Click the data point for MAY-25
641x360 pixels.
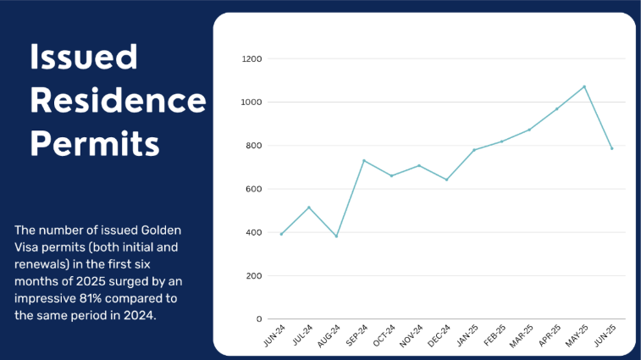[584, 86]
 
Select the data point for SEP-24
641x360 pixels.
[364, 161]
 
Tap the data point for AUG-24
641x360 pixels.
[336, 236]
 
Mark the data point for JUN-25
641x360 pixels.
[611, 148]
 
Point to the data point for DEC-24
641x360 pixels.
[446, 180]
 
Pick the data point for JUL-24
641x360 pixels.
[308, 208]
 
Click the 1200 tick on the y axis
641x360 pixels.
[251, 59]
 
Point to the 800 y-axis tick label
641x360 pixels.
[253, 146]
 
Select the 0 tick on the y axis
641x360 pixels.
[259, 319]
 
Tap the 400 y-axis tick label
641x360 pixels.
[253, 232]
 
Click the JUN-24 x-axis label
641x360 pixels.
[274, 336]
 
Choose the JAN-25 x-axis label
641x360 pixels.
[467, 336]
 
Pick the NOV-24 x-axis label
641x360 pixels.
[412, 336]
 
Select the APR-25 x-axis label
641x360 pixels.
[550, 336]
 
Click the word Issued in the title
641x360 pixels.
[84, 57]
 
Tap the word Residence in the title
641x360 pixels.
[119, 100]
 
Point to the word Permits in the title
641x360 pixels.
[95, 144]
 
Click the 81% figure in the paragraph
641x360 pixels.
[91, 298]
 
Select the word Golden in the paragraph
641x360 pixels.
[161, 230]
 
